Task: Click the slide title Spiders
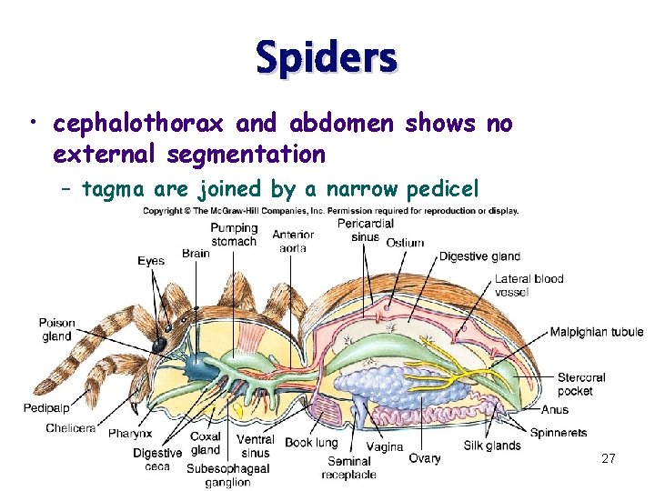pos(327,57)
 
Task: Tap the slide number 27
pos(609,459)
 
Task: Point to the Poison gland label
pos(56,330)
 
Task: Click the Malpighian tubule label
pos(596,333)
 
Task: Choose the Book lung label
pos(310,444)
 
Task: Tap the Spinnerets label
pos(558,433)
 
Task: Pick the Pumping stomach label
pos(234,235)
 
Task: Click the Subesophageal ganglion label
pos(227,476)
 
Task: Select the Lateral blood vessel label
pos(529,286)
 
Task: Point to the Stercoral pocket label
pos(581,384)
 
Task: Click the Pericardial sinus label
pos(364,230)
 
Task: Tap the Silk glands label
pos(492,446)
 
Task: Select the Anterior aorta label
pos(293,242)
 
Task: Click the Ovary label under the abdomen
pos(424,458)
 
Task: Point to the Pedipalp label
pos(46,408)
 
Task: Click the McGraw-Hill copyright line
pos(330,211)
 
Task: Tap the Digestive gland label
pos(480,257)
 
